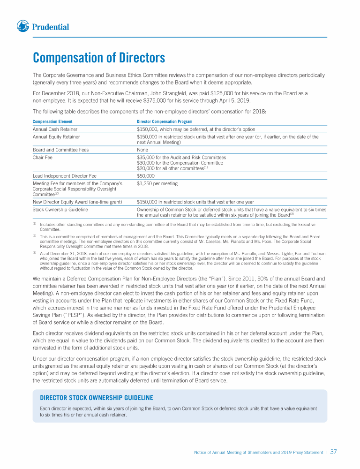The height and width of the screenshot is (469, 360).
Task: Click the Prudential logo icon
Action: point(23,26)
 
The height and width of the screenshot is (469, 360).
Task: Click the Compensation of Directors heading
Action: point(99,58)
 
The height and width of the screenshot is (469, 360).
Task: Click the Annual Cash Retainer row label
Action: point(55,129)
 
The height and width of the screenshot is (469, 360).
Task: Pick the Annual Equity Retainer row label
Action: point(56,137)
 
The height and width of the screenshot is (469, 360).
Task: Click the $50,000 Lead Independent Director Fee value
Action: point(146,176)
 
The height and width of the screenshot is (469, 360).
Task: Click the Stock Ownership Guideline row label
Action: point(60,210)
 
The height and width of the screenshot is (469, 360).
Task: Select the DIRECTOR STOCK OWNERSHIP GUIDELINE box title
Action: point(97,398)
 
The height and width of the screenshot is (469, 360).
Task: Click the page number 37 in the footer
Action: point(334,452)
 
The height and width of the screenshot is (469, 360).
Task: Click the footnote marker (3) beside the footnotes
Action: point(34,253)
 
